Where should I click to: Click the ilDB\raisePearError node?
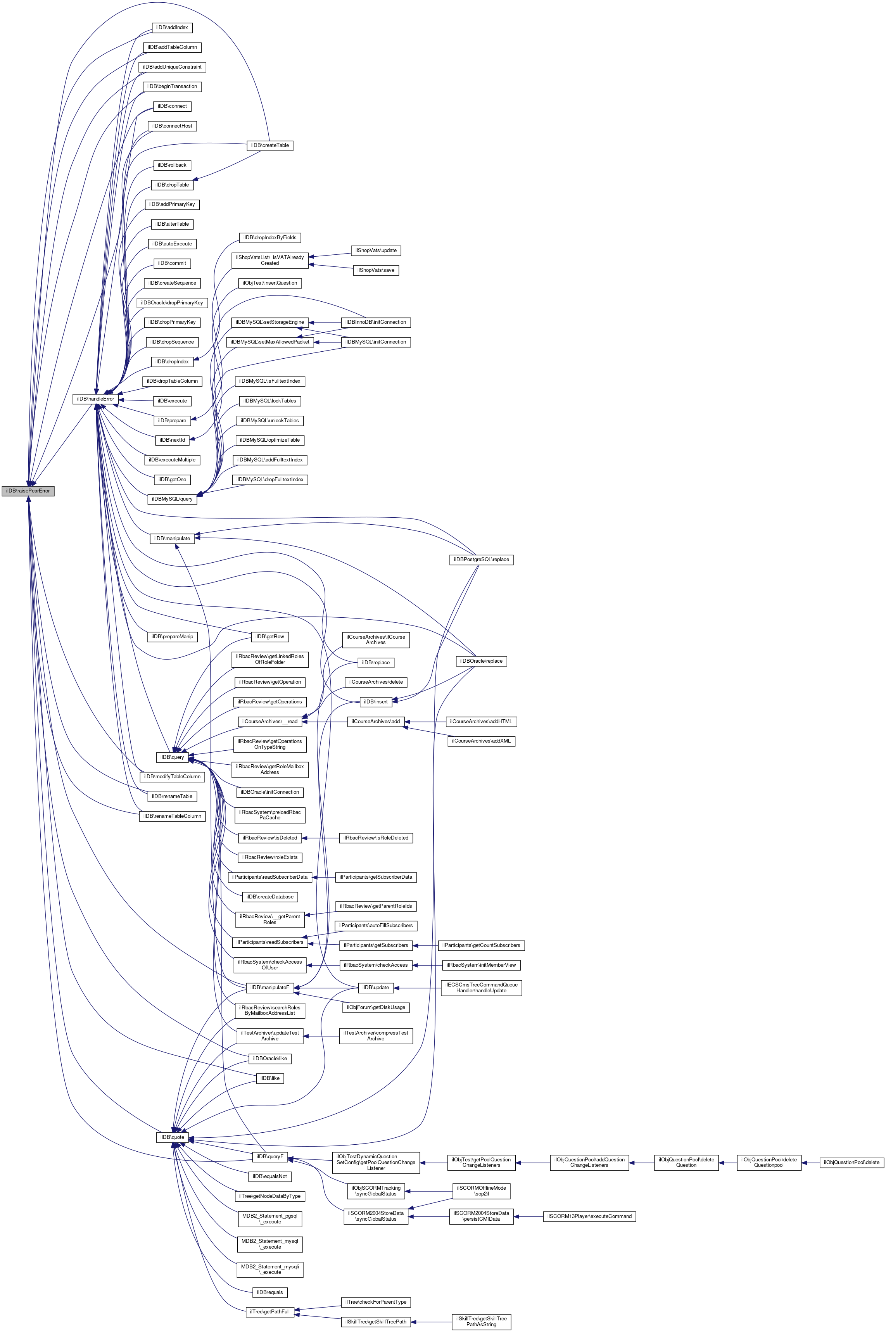coord(28,491)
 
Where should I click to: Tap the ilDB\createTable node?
coord(270,145)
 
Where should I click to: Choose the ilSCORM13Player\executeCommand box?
coord(589,1216)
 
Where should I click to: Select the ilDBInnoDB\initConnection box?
coord(375,322)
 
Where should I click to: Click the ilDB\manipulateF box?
coord(270,987)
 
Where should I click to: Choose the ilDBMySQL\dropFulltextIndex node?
coord(270,479)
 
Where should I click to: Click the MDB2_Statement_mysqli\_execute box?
coord(270,1269)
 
